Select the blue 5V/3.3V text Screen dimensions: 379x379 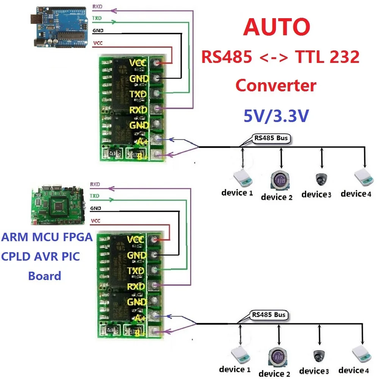[x=275, y=115]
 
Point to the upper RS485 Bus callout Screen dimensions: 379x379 [x=271, y=138]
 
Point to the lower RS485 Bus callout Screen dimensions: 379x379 [x=268, y=315]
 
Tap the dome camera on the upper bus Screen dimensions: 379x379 [x=322, y=179]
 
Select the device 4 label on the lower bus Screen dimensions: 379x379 [x=353, y=370]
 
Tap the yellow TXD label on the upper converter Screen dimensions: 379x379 [x=136, y=94]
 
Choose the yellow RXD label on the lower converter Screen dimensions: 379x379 [x=136, y=287]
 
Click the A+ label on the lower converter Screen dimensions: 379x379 [x=141, y=318]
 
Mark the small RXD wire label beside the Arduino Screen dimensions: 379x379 [x=97, y=7]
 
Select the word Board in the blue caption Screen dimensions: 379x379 [x=45, y=276]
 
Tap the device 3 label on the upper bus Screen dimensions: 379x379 [x=316, y=194]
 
